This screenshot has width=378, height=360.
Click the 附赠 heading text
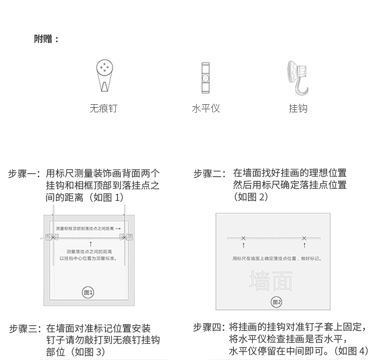[x=46, y=39]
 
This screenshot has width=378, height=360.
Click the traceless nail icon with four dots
[x=104, y=76]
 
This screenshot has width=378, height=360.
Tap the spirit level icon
[x=205, y=78]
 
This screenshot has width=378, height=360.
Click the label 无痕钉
[x=104, y=108]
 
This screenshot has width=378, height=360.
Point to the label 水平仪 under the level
[x=206, y=108]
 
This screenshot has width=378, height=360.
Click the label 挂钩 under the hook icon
[x=298, y=108]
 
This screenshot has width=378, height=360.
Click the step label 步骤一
[x=24, y=174]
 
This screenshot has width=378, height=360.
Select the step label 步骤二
[x=209, y=174]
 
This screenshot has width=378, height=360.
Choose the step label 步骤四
[x=209, y=327]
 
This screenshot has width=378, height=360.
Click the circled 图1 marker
[x=89, y=293]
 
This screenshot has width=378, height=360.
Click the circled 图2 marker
[x=276, y=302]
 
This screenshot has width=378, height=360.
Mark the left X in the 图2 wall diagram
[x=243, y=238]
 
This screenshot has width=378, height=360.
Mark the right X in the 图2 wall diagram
[x=304, y=238]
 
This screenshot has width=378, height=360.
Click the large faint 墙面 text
[x=271, y=281]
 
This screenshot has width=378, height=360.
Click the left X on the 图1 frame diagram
[x=53, y=236]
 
